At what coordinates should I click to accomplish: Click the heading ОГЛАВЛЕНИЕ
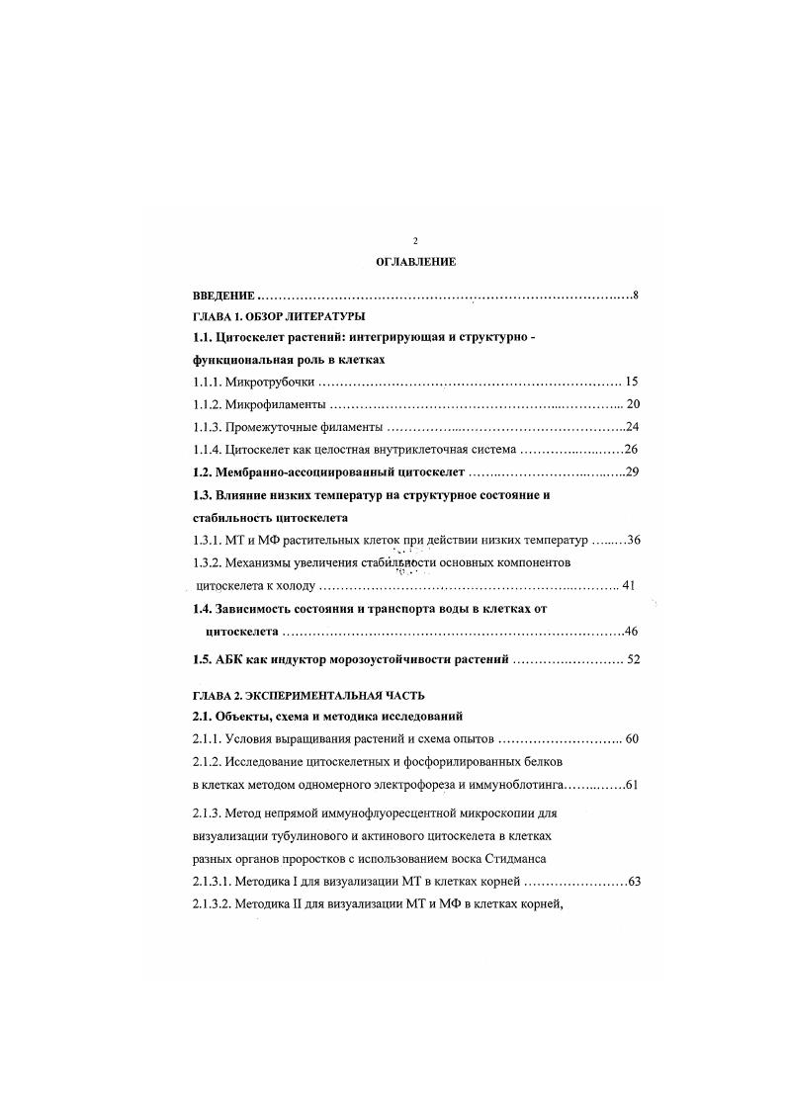click(416, 262)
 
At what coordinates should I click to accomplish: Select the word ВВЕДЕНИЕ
click(224, 296)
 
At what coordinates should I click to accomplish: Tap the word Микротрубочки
click(273, 382)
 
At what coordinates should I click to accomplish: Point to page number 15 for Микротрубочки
click(633, 382)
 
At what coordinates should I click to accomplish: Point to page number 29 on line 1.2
click(633, 471)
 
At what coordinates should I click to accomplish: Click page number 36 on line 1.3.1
click(634, 540)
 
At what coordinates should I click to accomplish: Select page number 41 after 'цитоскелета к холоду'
click(627, 585)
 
